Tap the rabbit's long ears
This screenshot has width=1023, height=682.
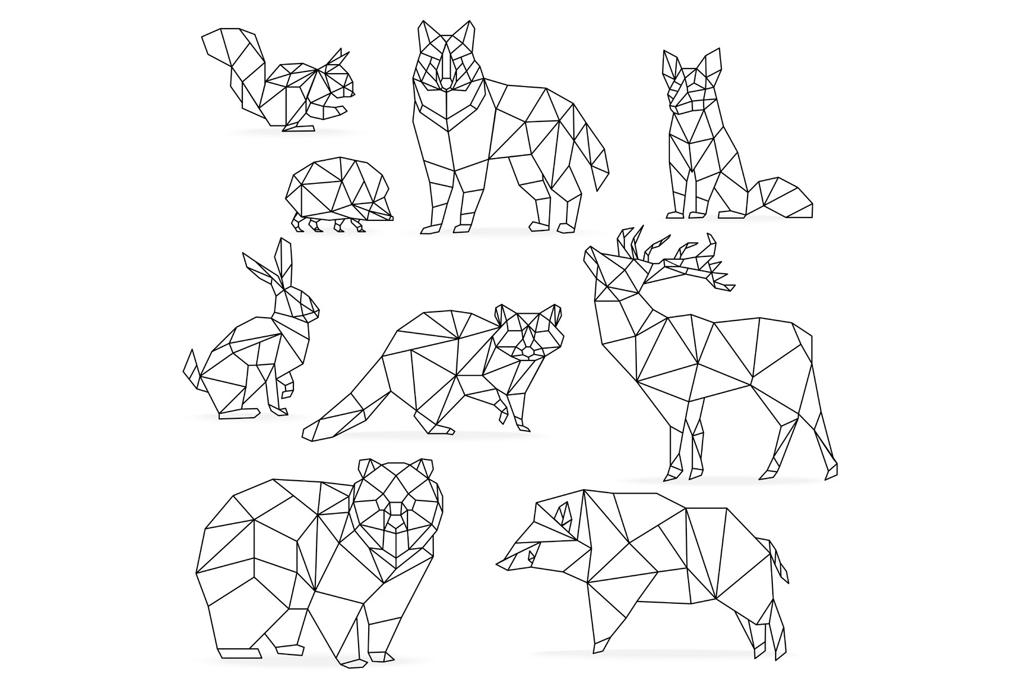tap(275, 264)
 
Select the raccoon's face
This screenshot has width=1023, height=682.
tap(528, 337)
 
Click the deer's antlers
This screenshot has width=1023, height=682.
tap(675, 253)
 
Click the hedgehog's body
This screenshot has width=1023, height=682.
tap(337, 188)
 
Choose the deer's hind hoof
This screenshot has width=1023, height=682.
tap(832, 472)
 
